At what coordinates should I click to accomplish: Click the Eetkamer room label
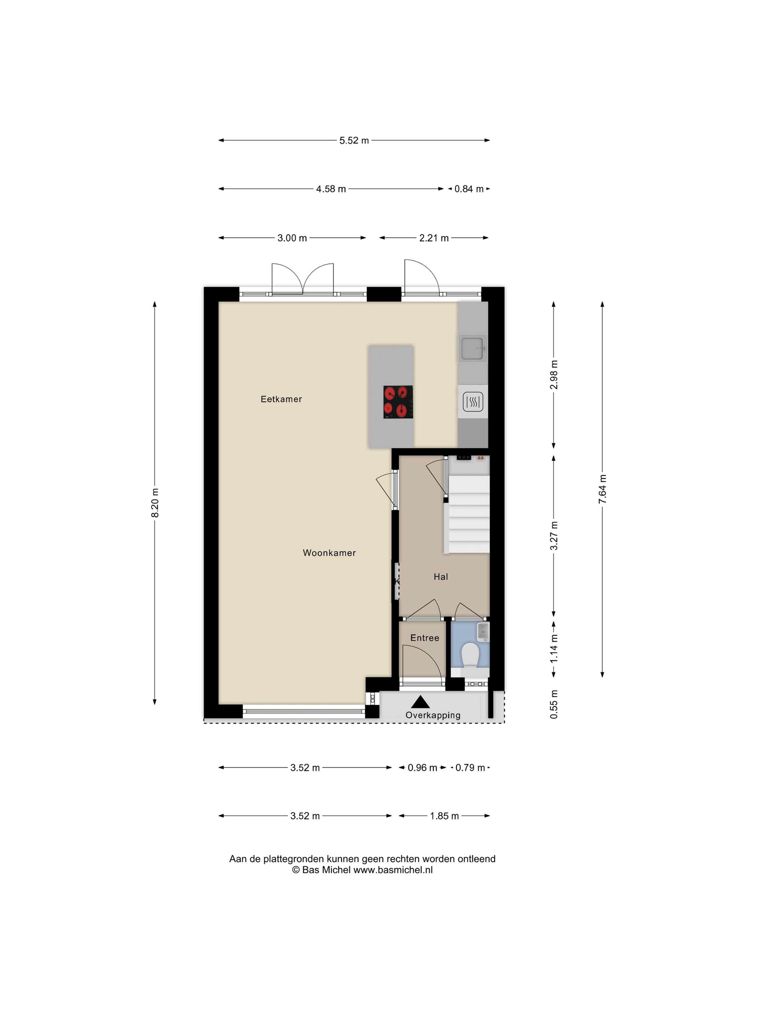(281, 399)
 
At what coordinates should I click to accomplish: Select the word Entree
(424, 638)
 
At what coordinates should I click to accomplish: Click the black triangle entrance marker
(420, 702)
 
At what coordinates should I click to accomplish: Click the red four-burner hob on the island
(398, 402)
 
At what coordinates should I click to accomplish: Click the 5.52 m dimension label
(354, 141)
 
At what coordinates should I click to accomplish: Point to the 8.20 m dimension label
(155, 503)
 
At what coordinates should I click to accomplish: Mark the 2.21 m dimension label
(434, 238)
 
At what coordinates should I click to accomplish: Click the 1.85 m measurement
(444, 816)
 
